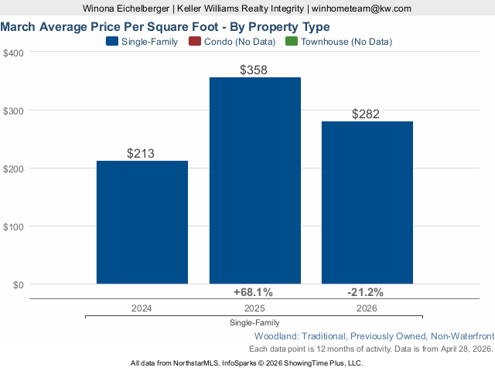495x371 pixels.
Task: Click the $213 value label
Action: [x=142, y=153]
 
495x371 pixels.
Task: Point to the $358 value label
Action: [x=254, y=70]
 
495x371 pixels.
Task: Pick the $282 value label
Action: [x=367, y=114]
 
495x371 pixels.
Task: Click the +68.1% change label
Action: [x=254, y=292]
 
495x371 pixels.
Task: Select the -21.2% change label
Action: [x=366, y=292]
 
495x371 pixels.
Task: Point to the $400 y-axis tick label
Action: [x=13, y=53]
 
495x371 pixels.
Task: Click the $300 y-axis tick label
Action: [x=13, y=111]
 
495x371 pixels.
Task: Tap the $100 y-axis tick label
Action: [x=13, y=226]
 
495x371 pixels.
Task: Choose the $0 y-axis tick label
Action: [x=17, y=284]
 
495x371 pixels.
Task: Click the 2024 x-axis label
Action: [x=142, y=308]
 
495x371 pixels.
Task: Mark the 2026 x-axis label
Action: [x=367, y=308]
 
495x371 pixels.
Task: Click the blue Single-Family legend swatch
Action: [x=112, y=42]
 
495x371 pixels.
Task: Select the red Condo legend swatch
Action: [x=194, y=42]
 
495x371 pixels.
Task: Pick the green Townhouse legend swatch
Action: [x=292, y=42]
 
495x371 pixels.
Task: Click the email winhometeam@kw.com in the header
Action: [x=362, y=9]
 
